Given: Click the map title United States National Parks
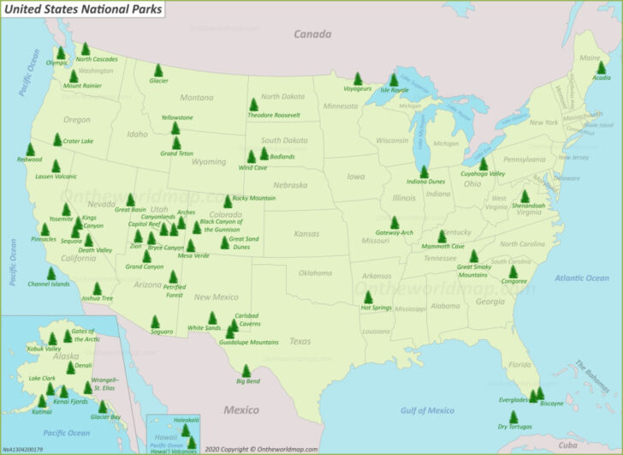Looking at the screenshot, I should [82, 9].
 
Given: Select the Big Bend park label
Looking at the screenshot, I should [247, 380].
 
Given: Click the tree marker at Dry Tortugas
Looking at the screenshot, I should [513, 416].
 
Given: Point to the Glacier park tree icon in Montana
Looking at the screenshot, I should [158, 70].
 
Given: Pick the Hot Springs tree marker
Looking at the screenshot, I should [369, 296].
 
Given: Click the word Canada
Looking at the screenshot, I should [311, 34].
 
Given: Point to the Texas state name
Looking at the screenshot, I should [300, 341].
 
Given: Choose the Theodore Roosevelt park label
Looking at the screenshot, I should [274, 115].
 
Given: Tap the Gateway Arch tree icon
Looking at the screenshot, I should [395, 222].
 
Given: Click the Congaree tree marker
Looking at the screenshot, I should [513, 271].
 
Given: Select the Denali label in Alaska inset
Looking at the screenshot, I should [84, 365].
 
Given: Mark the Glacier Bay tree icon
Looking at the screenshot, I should [103, 406].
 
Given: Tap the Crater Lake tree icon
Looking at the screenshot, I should [57, 139].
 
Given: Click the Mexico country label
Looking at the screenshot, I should [241, 410].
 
